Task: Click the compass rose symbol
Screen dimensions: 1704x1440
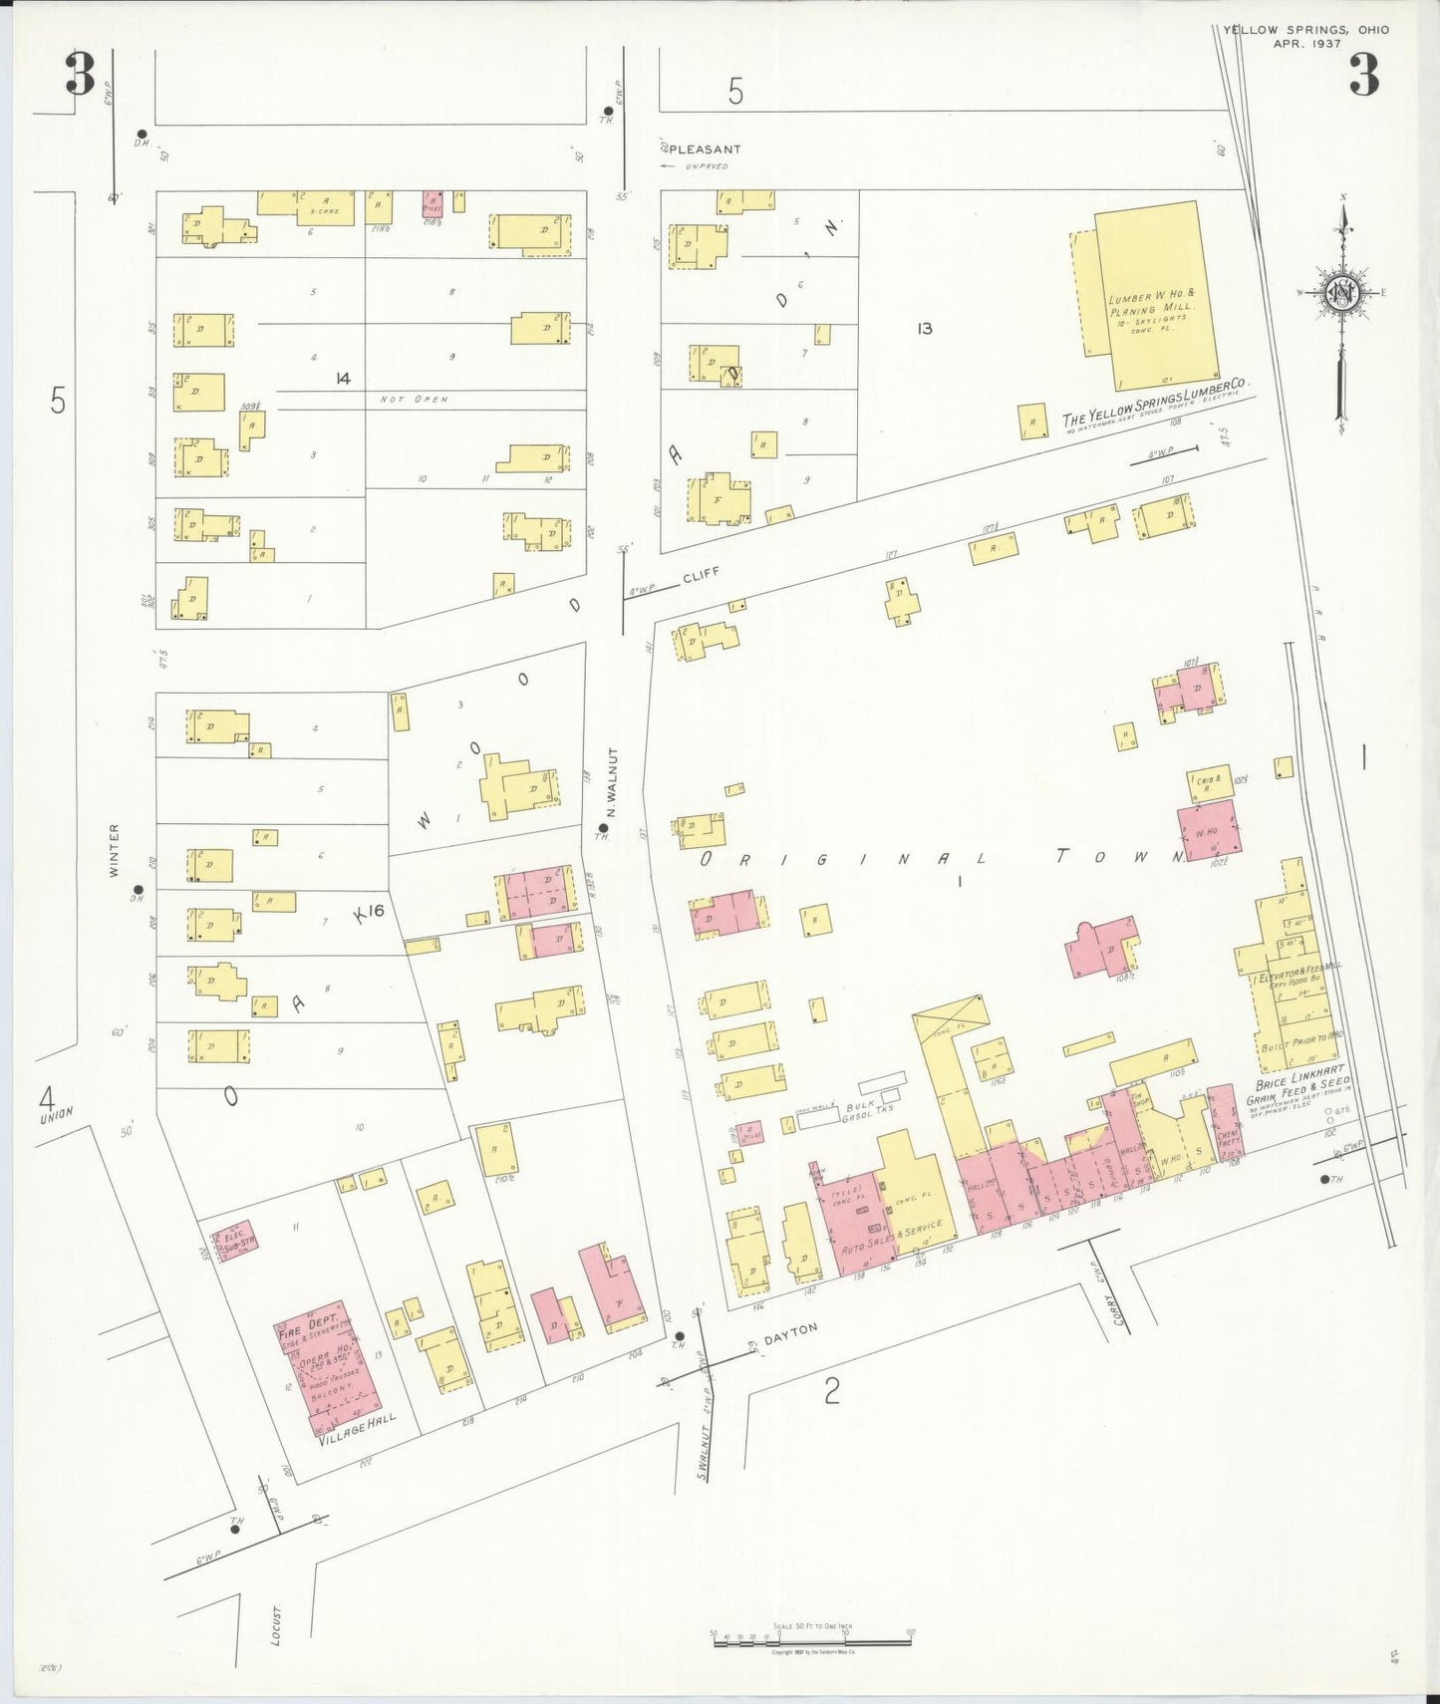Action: coord(1342,292)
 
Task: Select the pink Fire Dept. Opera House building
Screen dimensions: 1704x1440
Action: coord(327,1366)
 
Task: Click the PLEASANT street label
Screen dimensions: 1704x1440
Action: coord(705,149)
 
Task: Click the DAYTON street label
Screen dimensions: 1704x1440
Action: coord(790,1334)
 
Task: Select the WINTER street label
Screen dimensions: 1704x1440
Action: coord(114,850)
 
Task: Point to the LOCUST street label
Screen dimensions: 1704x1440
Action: coord(277,1623)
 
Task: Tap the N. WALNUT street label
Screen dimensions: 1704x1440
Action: coord(614,782)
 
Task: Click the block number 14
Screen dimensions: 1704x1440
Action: coord(343,378)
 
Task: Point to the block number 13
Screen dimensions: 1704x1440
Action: coord(924,328)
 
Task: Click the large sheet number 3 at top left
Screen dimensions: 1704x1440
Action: coord(80,75)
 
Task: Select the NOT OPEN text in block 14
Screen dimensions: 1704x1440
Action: coord(414,400)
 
